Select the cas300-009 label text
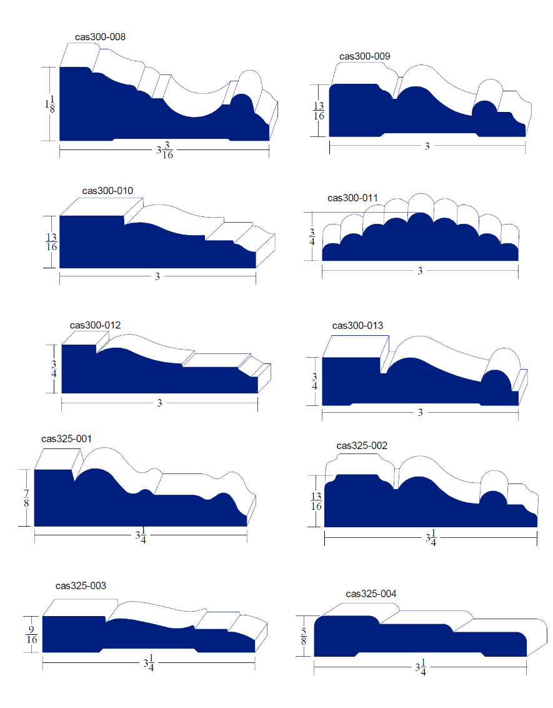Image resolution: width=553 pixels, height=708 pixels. pyautogui.click(x=365, y=56)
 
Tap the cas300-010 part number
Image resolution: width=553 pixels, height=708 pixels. pyautogui.click(x=107, y=191)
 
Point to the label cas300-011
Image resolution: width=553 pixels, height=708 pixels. pyautogui.click(x=352, y=198)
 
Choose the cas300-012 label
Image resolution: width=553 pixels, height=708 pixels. pyautogui.click(x=96, y=325)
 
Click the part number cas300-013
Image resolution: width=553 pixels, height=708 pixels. pyautogui.click(x=357, y=326)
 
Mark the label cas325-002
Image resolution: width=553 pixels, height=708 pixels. pyautogui.click(x=362, y=446)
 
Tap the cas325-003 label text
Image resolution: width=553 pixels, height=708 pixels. pyautogui.click(x=81, y=586)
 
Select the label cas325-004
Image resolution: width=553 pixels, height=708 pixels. pyautogui.click(x=371, y=594)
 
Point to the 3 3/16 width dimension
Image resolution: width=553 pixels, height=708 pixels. pyautogui.click(x=165, y=151)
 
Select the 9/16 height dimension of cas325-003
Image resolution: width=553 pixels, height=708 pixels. pyautogui.click(x=31, y=634)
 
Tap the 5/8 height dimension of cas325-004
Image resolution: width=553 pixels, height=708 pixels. pyautogui.click(x=303, y=635)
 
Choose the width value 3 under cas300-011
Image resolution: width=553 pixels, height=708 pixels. pyautogui.click(x=420, y=271)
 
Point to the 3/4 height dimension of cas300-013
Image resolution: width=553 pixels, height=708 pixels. pyautogui.click(x=314, y=381)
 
